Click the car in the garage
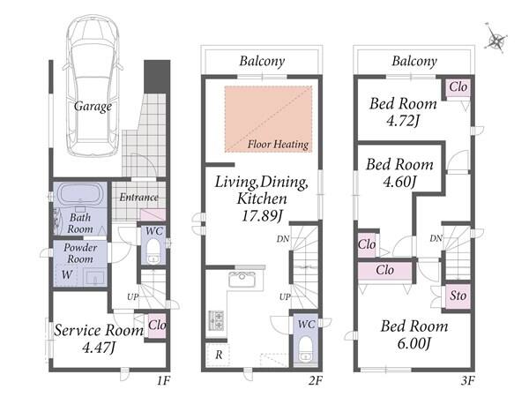coord(93,85)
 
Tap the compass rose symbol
coord(495,40)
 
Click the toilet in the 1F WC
coord(153,251)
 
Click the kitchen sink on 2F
coord(242,280)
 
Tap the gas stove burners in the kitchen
coord(216,320)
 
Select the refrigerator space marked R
coord(219,355)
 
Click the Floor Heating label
coord(278,145)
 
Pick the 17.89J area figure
coord(262,216)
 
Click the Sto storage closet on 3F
coord(458,296)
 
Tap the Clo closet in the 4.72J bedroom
coord(458,87)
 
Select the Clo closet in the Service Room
coord(157,326)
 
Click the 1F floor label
coord(163,381)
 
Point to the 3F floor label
coord(467,381)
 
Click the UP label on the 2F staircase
coord(285,297)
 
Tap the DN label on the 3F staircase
coord(436,239)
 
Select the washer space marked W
coord(66,275)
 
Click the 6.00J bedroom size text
coord(414,344)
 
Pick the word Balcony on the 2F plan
coord(262,61)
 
